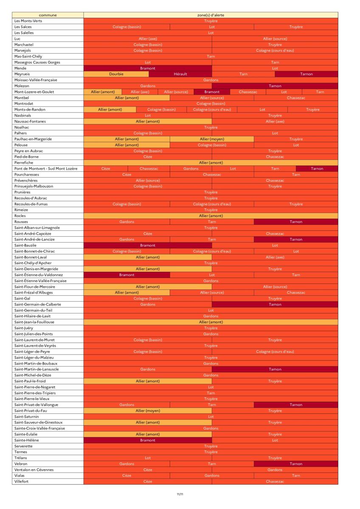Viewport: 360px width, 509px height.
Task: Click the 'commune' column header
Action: tap(48, 15)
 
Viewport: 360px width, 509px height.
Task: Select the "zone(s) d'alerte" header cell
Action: tap(211, 15)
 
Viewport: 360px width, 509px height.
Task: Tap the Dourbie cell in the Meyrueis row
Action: tap(116, 74)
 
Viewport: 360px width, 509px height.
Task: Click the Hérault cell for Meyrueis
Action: tap(180, 74)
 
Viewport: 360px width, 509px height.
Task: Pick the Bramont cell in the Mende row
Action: tap(148, 68)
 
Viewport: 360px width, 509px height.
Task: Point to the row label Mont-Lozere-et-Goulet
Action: tap(34, 92)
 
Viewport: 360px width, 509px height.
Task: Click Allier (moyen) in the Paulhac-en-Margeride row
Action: tap(212, 139)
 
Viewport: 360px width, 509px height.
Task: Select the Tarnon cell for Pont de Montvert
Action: tap(317, 169)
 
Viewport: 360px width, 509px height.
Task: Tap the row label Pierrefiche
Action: tap(24, 163)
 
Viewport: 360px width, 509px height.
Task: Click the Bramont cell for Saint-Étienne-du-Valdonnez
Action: tap(127, 275)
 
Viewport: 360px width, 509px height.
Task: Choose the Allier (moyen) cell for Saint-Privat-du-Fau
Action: tap(148, 411)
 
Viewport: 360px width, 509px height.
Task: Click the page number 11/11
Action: tap(180, 494)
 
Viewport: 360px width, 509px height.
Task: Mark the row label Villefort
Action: tap(21, 481)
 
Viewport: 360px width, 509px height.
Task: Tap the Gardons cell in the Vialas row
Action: tap(212, 475)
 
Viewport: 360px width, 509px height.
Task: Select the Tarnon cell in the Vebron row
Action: tap(296, 464)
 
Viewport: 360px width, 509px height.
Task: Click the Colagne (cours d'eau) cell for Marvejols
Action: tap(275, 50)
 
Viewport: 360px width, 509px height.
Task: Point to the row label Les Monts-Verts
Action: tap(28, 21)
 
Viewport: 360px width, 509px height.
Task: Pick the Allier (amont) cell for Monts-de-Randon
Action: tap(110, 109)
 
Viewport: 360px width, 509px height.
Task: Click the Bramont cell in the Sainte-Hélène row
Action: tap(148, 440)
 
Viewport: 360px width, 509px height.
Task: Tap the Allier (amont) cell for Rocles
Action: tap(211, 216)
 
